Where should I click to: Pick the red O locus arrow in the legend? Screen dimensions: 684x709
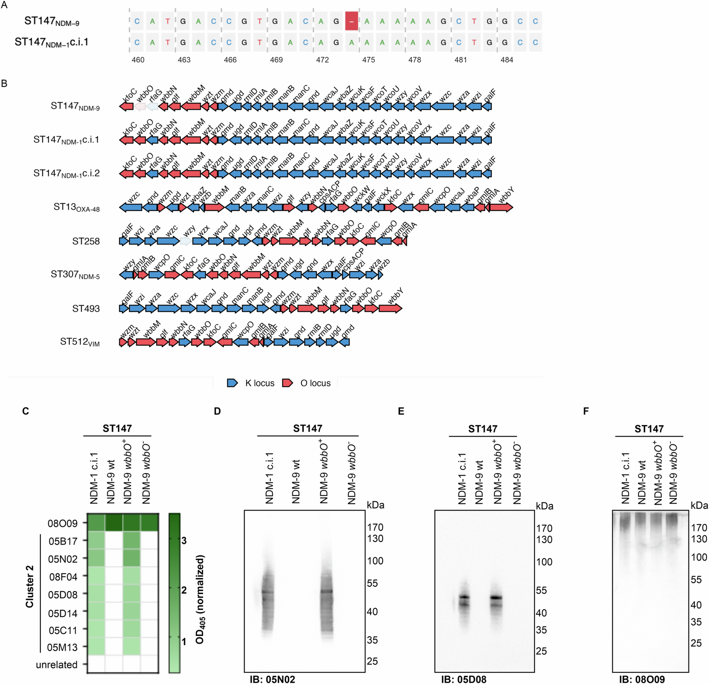click(x=288, y=383)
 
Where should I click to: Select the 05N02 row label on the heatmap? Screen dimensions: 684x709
click(x=63, y=559)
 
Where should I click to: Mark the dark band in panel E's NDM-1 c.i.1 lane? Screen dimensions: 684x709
click(x=464, y=597)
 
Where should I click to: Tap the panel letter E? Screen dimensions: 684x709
click(x=401, y=411)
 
